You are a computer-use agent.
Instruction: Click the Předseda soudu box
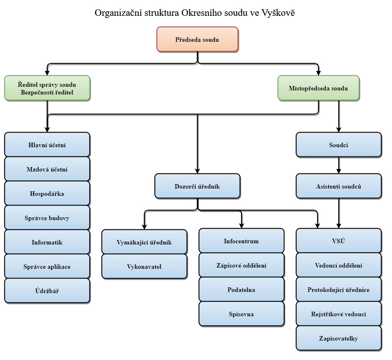(x=197, y=39)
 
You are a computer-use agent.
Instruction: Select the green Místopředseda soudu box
(x=318, y=88)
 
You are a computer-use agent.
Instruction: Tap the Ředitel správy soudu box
(x=47, y=88)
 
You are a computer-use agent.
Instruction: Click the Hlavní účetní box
(x=47, y=145)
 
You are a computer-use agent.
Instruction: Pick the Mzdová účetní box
(x=47, y=169)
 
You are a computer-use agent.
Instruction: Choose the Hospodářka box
(x=47, y=193)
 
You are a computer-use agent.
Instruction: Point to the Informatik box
(x=47, y=242)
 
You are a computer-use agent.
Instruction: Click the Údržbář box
(x=47, y=291)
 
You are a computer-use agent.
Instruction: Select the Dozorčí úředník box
(x=197, y=186)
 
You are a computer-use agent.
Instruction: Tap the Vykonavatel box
(x=144, y=266)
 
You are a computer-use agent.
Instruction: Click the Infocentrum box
(x=241, y=241)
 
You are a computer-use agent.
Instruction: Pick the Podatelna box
(x=241, y=290)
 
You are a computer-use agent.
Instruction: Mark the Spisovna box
(x=241, y=314)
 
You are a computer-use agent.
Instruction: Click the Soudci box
(x=339, y=145)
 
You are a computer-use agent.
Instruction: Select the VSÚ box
(x=339, y=241)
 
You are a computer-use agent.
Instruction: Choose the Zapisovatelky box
(x=339, y=339)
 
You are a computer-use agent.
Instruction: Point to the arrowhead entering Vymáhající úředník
(x=144, y=226)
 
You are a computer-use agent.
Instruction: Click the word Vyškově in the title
(x=281, y=13)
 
